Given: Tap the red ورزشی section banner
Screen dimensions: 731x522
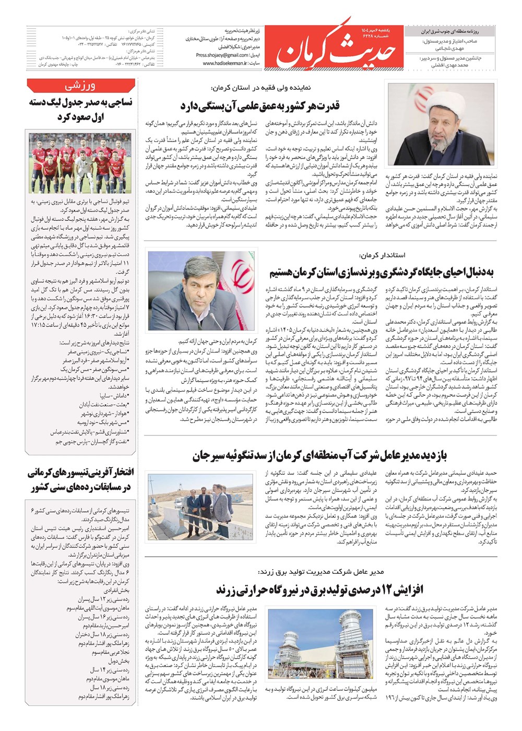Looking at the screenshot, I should [80, 86].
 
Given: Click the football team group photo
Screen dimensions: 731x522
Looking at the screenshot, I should [80, 163].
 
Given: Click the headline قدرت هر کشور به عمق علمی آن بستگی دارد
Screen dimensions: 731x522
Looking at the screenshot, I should [260, 106].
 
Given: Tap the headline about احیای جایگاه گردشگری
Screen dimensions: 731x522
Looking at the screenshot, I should [381, 272].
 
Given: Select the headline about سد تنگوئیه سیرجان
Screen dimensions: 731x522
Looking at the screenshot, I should [319, 455].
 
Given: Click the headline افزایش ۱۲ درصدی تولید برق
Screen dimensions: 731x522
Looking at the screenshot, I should [319, 590].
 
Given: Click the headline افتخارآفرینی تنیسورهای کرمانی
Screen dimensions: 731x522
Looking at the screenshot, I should [80, 480].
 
